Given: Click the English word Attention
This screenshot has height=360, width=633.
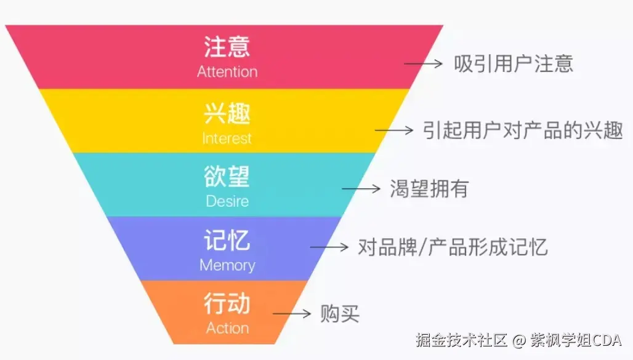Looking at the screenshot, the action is pyautogui.click(x=227, y=71).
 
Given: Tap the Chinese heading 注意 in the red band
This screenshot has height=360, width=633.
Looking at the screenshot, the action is pyautogui.click(x=227, y=47).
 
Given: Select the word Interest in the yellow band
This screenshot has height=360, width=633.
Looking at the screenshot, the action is pyautogui.click(x=227, y=138).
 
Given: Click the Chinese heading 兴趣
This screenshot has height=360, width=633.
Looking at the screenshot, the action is pyautogui.click(x=227, y=114).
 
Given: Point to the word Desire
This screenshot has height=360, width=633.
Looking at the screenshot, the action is pyautogui.click(x=227, y=201).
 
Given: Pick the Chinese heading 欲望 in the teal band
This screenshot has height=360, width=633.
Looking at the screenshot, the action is pyautogui.click(x=227, y=177).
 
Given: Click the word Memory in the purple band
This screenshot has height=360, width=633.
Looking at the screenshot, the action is pyautogui.click(x=227, y=265).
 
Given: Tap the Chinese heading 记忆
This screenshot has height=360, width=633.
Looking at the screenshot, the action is pyautogui.click(x=227, y=241).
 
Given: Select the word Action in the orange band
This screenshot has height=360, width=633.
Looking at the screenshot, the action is pyautogui.click(x=227, y=328).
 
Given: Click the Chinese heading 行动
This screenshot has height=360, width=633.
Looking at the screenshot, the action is pyautogui.click(x=227, y=304).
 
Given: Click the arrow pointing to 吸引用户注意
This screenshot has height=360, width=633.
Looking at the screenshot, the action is pyautogui.click(x=423, y=63).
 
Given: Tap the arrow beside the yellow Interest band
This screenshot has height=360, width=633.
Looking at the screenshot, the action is pyautogui.click(x=393, y=130).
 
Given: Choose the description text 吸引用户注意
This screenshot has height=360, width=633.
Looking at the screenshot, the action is pyautogui.click(x=514, y=63).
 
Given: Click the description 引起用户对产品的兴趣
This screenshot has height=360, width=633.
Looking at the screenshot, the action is pyautogui.click(x=523, y=130).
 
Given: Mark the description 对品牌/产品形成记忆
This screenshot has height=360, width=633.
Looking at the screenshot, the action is pyautogui.click(x=453, y=247).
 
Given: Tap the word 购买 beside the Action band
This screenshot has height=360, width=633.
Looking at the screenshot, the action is pyautogui.click(x=339, y=314).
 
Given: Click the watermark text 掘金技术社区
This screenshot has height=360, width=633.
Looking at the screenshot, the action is pyautogui.click(x=461, y=340).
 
